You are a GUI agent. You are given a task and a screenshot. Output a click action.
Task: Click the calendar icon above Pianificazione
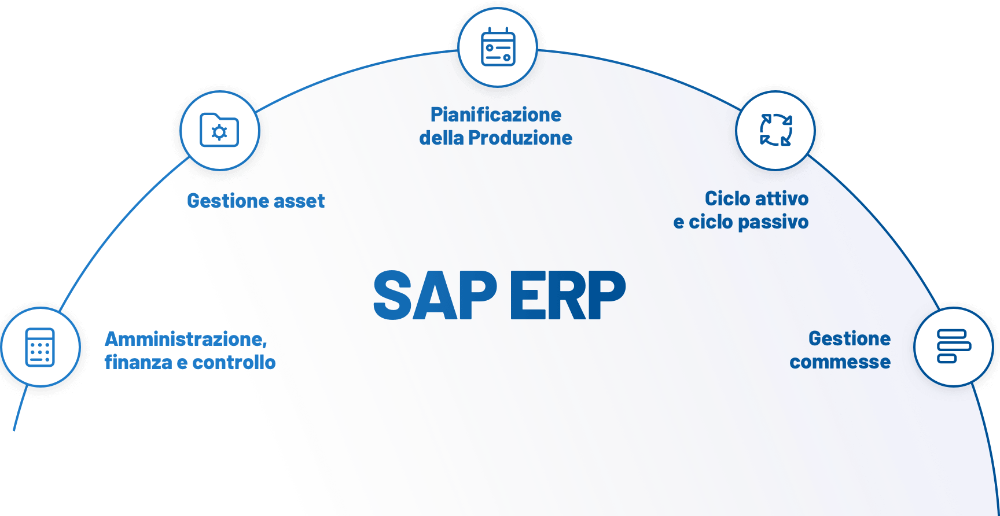[x=498, y=47]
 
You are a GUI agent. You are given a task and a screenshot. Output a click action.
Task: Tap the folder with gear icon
[x=219, y=130]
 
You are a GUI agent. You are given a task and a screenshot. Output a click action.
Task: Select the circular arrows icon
[x=775, y=130]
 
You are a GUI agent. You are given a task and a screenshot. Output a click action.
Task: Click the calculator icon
[x=40, y=347]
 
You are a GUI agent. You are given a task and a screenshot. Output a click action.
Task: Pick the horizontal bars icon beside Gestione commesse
[x=953, y=347]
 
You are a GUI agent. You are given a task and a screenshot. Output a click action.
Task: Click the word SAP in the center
[x=435, y=296]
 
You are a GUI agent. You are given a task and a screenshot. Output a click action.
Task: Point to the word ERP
[x=567, y=296]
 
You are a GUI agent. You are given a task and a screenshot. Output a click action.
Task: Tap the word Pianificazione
[x=496, y=115]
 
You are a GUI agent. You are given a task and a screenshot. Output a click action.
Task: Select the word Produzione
[x=520, y=138]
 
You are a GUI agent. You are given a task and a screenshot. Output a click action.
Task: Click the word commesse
[x=840, y=362]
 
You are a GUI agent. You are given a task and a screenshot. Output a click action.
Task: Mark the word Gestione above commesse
[x=850, y=338]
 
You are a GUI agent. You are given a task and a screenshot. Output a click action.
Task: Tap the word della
[x=441, y=138]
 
